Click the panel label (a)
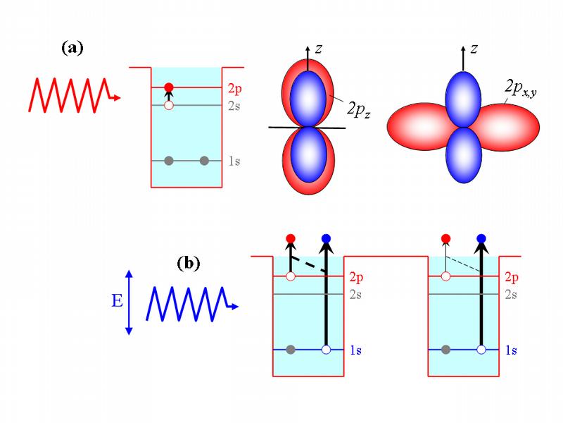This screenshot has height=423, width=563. (x=72, y=49)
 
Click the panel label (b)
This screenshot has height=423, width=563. (x=188, y=264)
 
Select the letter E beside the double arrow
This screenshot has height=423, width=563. (x=116, y=302)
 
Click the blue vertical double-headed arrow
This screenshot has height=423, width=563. (x=129, y=301)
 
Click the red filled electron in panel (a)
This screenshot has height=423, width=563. (x=168, y=87)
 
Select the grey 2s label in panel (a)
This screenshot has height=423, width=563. (x=234, y=106)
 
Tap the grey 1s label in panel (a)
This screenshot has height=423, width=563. (x=234, y=161)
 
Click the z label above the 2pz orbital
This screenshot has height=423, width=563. (x=319, y=49)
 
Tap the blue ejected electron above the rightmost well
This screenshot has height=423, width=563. (x=481, y=238)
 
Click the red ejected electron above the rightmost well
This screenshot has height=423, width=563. (x=445, y=238)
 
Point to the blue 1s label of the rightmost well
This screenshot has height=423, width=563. (x=511, y=350)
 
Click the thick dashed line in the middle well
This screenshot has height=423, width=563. (x=309, y=265)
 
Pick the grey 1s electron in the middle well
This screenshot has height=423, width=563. (x=290, y=350)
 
